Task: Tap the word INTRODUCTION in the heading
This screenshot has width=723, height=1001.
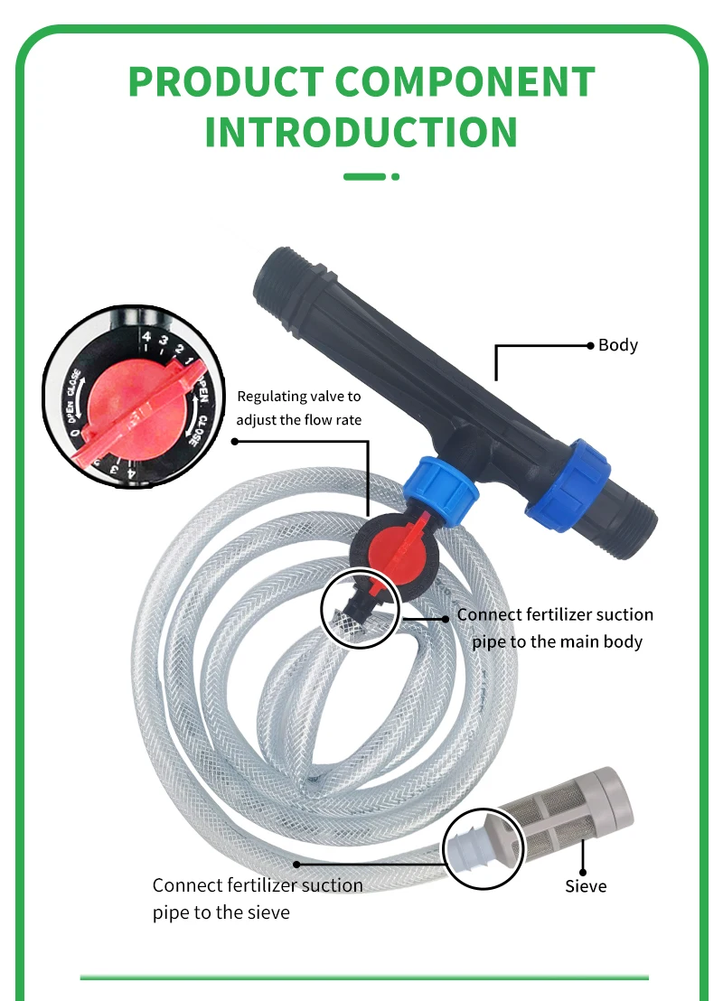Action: coord(361,132)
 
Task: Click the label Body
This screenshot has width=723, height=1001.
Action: coord(618,345)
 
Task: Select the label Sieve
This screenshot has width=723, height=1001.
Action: coord(586,885)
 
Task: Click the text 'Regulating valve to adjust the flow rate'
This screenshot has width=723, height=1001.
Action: coord(298,407)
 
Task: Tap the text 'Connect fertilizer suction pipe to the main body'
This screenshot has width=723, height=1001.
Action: coord(555,628)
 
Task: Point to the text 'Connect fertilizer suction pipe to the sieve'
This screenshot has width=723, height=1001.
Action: coord(258,898)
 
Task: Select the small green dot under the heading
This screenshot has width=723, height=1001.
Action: coord(395,177)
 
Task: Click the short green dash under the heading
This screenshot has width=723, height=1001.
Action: coord(364,177)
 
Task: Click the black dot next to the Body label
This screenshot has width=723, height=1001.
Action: coord(588,345)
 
